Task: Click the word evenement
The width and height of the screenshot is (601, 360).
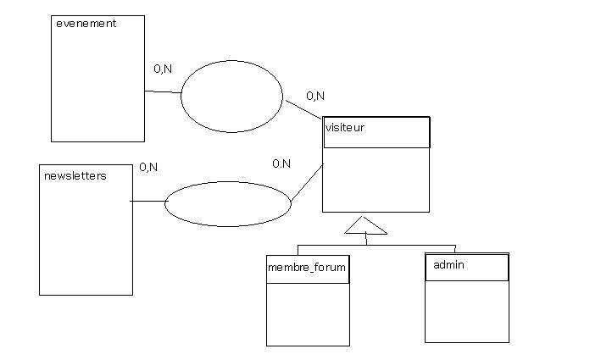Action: click(86, 24)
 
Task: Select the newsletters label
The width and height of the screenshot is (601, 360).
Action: click(75, 176)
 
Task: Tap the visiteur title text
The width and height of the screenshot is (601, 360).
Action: click(345, 128)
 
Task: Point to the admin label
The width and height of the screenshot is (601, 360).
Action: click(448, 265)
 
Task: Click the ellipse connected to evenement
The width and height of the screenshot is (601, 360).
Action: click(231, 96)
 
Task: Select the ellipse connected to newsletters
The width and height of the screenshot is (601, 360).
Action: click(227, 204)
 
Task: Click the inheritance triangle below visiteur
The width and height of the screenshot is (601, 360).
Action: click(365, 226)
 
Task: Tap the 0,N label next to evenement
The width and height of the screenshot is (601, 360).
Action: click(163, 69)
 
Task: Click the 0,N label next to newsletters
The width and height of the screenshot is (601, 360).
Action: click(147, 167)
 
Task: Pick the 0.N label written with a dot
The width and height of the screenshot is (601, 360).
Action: click(281, 163)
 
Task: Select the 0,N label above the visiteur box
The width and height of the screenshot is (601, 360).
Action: click(314, 96)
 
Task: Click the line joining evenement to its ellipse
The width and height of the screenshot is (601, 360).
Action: click(163, 91)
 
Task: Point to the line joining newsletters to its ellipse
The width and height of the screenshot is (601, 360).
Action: click(147, 202)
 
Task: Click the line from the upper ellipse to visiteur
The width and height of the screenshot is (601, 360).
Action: click(303, 109)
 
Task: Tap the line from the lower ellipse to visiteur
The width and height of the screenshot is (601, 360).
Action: click(307, 183)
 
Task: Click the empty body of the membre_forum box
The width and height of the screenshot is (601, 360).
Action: click(308, 313)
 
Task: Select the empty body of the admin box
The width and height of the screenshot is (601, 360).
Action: click(466, 311)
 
